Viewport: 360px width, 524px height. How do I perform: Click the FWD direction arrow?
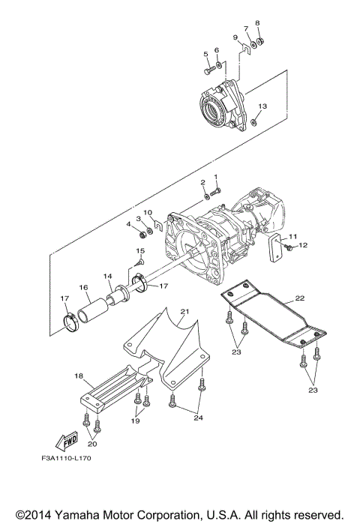pyautogui.click(x=67, y=441)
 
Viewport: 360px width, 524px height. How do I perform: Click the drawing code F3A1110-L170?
pyautogui.click(x=66, y=458)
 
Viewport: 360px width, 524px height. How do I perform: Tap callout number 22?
pyautogui.click(x=300, y=298)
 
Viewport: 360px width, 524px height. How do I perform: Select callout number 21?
pyautogui.click(x=184, y=311)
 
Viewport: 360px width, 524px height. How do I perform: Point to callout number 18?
pyautogui.click(x=79, y=376)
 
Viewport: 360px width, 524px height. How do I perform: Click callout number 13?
pyautogui.click(x=262, y=106)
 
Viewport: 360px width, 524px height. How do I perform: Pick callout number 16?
pyautogui.click(x=83, y=287)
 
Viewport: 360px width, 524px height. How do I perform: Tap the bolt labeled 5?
pyautogui.click(x=209, y=70)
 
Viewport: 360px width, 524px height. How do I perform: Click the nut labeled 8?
pyautogui.click(x=261, y=41)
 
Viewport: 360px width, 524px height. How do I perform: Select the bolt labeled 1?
pyautogui.click(x=215, y=192)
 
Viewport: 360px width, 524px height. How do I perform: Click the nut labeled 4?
pyautogui.click(x=142, y=235)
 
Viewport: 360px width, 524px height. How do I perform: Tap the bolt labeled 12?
pyautogui.click(x=289, y=247)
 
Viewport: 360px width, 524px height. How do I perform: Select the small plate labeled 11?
pyautogui.click(x=275, y=247)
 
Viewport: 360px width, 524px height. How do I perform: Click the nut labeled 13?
pyautogui.click(x=254, y=123)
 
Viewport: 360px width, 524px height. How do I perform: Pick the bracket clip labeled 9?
pyautogui.click(x=246, y=49)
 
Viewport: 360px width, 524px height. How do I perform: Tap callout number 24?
pyautogui.click(x=198, y=418)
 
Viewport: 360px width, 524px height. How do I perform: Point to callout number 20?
pyautogui.click(x=92, y=444)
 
